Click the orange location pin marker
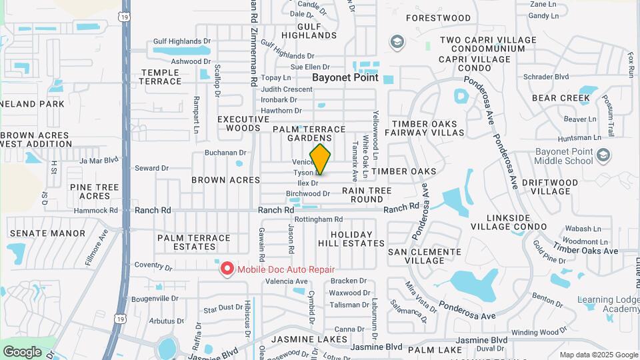[x=320, y=159]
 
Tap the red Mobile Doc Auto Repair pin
[x=227, y=269]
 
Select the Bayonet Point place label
[x=345, y=77]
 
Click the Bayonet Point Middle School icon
[x=604, y=155]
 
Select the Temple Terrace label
[x=160, y=77]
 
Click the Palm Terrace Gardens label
[x=309, y=133]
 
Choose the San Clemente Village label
[x=425, y=256]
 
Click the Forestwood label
[x=438, y=18]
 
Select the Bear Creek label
[x=561, y=98]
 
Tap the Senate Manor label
[x=47, y=233]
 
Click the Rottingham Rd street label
[x=319, y=219]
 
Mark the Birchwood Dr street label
[x=308, y=193]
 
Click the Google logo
[x=22, y=351]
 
